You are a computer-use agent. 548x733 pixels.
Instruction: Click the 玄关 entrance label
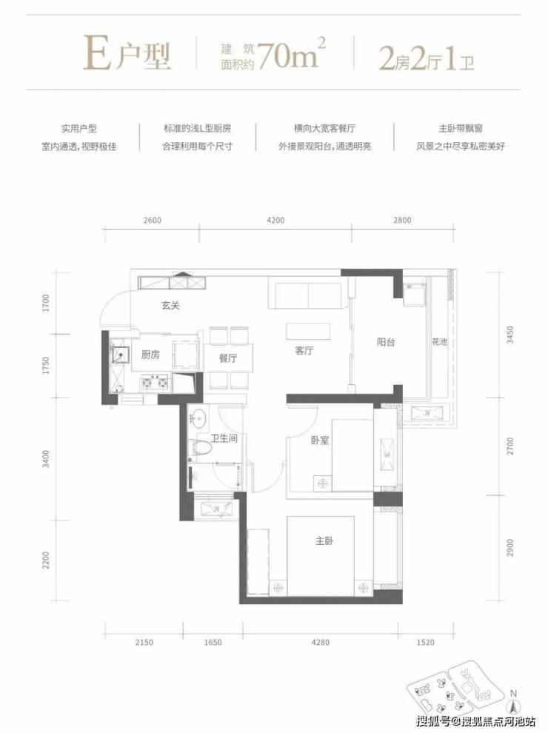170,306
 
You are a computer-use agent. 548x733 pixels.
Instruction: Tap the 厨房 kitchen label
150,355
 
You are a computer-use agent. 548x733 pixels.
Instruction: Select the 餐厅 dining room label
227,358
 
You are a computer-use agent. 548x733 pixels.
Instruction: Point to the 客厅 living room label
304,350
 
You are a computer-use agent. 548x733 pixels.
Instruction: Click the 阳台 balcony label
386,342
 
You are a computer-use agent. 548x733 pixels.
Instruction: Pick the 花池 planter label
440,342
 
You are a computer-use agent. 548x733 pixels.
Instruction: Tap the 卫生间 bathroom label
224,438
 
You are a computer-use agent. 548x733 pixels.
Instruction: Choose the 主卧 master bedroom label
324,541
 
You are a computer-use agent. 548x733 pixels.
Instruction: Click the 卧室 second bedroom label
321,441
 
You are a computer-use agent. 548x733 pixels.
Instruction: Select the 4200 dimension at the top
276,220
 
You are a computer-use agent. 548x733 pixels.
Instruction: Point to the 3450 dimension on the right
510,335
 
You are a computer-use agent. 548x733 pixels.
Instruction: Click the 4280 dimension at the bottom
321,643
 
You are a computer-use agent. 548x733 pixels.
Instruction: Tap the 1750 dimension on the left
45,366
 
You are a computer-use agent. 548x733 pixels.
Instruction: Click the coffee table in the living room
309,332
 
